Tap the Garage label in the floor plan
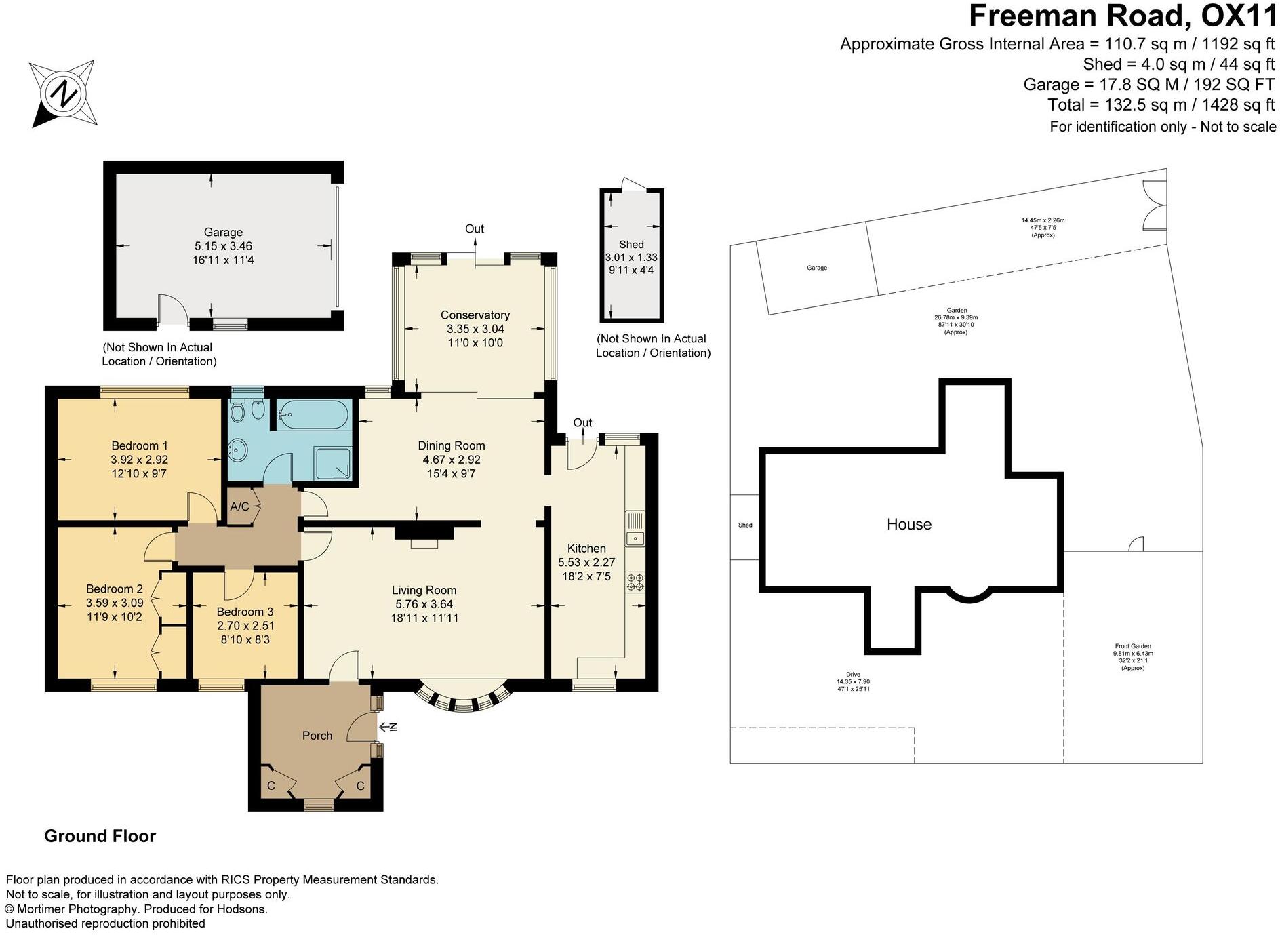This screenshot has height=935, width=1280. [x=223, y=232]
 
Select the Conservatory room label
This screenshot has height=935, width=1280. [x=475, y=315]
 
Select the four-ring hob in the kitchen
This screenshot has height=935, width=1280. [x=635, y=582]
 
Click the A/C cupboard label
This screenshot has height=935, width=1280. [x=239, y=506]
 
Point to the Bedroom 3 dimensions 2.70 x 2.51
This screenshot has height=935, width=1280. [x=245, y=626]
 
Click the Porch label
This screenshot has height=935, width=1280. [x=317, y=736]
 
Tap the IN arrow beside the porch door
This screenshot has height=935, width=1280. [x=388, y=728]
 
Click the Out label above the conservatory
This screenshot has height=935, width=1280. [x=475, y=228]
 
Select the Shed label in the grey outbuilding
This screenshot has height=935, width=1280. [x=631, y=244]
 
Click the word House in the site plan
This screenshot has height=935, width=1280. [x=908, y=524]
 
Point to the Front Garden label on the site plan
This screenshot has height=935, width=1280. [x=1132, y=647]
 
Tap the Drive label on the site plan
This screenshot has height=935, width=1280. [x=853, y=675]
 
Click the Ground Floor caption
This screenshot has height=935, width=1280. [x=100, y=836]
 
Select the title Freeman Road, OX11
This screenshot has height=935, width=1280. [x=1122, y=16]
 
